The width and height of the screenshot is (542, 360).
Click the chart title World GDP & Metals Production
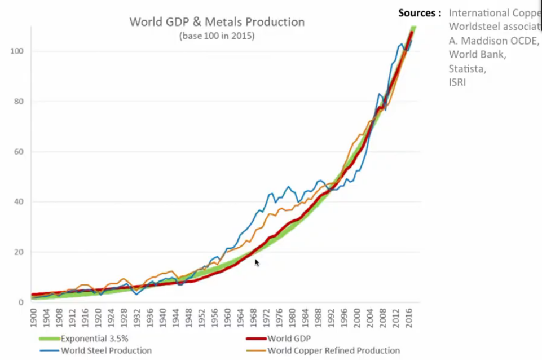[217, 23]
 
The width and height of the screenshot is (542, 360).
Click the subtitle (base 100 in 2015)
[217, 36]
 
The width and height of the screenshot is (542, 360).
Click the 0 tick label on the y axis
[21, 302]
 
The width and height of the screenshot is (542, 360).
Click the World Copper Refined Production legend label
[333, 351]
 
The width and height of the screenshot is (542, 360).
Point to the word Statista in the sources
[467, 68]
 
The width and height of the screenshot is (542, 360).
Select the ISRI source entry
[457, 82]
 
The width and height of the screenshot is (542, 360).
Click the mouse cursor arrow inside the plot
[257, 262]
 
